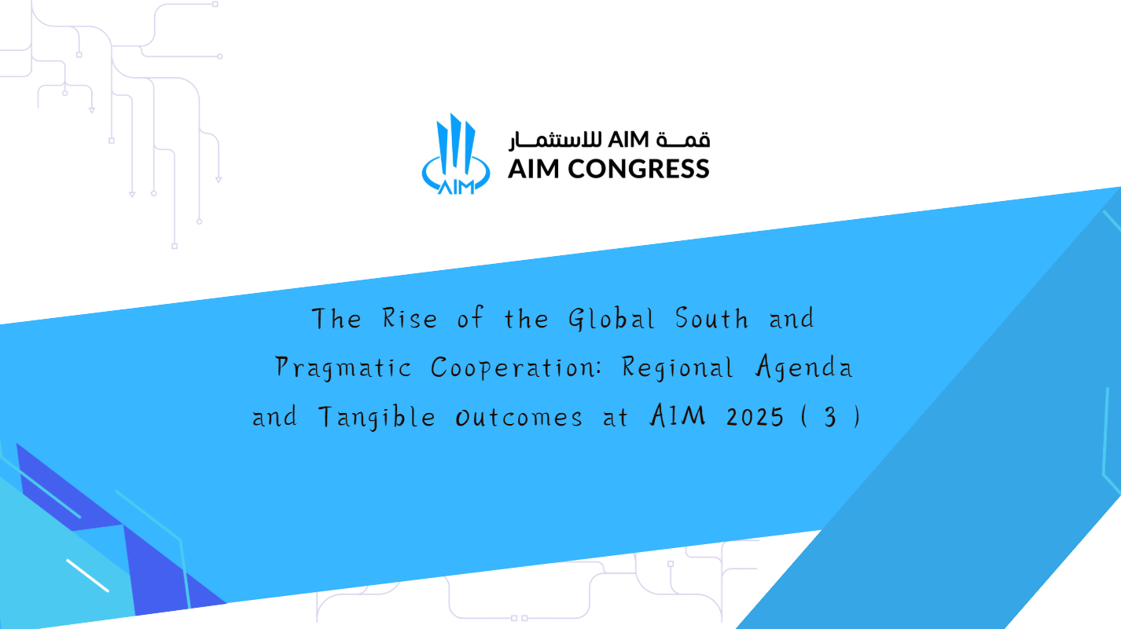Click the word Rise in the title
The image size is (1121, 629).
410,318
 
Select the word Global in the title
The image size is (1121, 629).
612,319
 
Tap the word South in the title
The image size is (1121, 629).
711,318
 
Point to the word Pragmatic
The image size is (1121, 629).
344,368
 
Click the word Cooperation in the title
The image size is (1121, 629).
516,368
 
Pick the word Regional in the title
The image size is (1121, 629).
678,368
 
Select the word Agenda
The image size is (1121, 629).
804,367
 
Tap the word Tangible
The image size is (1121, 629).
377,417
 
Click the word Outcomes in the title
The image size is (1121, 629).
519,418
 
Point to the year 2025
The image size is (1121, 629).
755,417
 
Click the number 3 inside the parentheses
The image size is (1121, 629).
830,418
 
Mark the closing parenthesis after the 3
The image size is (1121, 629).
858,417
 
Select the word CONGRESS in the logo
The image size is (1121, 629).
638,169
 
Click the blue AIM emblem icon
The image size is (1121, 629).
455,154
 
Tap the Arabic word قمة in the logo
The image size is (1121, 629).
683,140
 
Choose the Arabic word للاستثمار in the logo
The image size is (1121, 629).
556,141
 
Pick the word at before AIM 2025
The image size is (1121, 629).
615,418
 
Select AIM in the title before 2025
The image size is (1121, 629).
678,416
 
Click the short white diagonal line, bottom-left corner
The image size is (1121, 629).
87,576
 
